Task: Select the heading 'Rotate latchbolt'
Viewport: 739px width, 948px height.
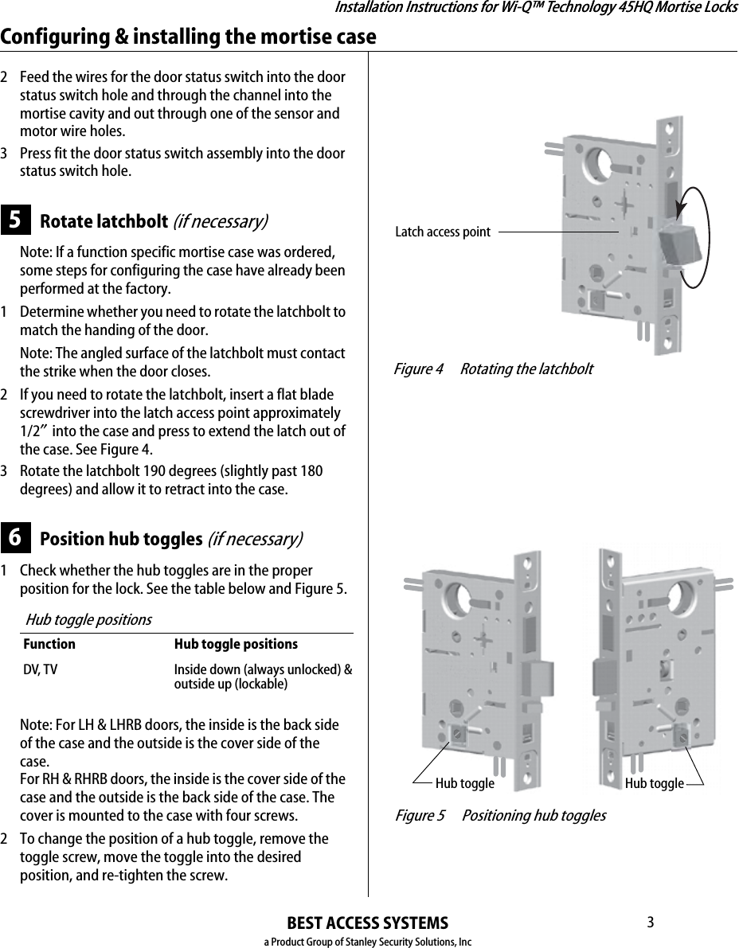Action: coord(103,220)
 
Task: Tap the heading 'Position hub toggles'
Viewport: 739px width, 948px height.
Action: coord(120,539)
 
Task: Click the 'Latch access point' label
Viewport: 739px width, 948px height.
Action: coord(443,232)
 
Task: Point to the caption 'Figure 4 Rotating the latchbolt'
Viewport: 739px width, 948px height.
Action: coord(494,369)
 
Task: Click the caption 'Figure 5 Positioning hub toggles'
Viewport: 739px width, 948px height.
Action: coord(500,816)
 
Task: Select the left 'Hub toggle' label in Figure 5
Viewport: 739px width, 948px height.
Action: coord(464,784)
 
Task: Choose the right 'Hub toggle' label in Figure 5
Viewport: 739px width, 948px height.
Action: coord(654,784)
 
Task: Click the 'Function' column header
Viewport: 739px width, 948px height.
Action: coord(49,644)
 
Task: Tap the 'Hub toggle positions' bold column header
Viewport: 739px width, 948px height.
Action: coord(236,644)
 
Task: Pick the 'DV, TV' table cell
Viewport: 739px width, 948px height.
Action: coord(40,669)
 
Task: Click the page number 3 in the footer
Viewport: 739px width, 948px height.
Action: coord(650,923)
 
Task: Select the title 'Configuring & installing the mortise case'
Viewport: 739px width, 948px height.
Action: coord(189,37)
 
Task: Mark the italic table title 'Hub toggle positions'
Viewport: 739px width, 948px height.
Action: coord(88,619)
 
